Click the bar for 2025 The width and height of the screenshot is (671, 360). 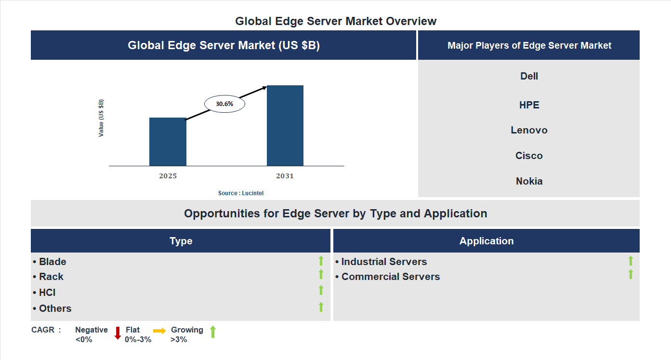(x=168, y=142)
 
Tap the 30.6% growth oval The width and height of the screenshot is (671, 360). (x=224, y=104)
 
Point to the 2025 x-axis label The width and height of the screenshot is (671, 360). (x=168, y=176)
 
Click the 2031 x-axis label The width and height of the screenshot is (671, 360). (x=285, y=176)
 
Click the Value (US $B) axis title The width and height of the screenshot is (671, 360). (x=101, y=118)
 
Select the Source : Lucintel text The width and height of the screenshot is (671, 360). (x=241, y=193)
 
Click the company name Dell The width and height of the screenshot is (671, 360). (x=529, y=76)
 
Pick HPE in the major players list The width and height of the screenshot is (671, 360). (x=529, y=105)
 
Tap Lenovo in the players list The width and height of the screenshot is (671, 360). (x=529, y=130)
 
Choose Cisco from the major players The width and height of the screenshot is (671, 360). (x=529, y=156)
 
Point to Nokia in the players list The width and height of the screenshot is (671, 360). (x=529, y=181)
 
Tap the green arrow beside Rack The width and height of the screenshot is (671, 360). (x=321, y=274)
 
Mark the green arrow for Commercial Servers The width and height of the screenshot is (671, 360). (x=631, y=274)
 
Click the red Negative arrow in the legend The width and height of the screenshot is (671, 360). (x=118, y=333)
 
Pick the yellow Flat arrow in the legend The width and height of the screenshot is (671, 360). (x=159, y=331)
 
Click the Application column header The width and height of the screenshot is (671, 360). (x=487, y=241)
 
